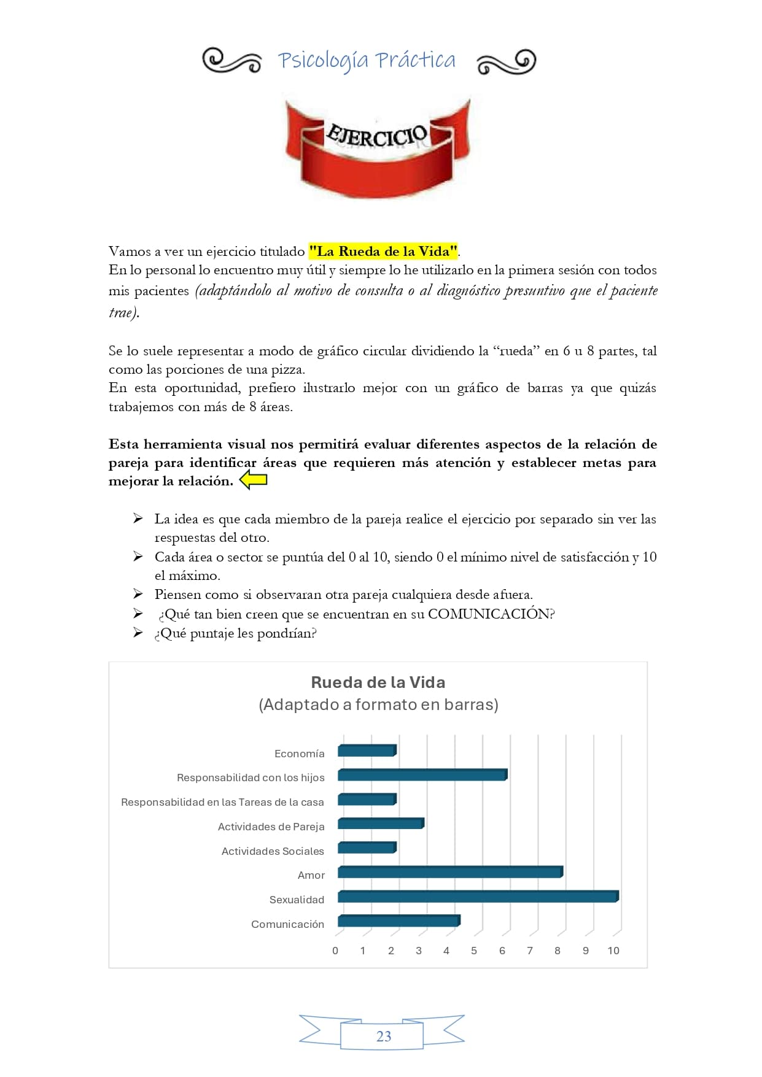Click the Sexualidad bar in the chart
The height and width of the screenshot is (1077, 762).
(478, 897)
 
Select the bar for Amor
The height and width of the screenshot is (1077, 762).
(450, 872)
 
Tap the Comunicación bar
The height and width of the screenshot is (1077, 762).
(398, 921)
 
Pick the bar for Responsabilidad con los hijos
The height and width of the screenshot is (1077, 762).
(422, 775)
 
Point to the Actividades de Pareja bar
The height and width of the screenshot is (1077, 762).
(381, 824)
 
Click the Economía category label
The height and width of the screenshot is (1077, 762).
(299, 754)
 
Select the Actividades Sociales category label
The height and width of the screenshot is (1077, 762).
(273, 851)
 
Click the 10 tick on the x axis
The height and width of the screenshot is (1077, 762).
(613, 951)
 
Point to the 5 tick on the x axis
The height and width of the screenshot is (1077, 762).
(474, 951)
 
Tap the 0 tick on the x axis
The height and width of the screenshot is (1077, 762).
(335, 951)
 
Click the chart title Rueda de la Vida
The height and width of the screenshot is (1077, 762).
(378, 682)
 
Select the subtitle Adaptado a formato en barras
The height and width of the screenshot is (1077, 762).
(378, 704)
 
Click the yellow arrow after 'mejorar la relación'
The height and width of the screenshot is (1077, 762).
(253, 481)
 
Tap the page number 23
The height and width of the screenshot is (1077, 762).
(383, 1036)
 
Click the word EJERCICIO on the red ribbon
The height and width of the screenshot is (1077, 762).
(376, 136)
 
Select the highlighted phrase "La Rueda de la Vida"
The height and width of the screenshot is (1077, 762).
(384, 252)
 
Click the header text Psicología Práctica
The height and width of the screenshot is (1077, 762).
(367, 60)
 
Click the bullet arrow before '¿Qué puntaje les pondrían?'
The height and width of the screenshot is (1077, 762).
(138, 633)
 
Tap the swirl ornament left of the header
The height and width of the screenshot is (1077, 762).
(232, 61)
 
